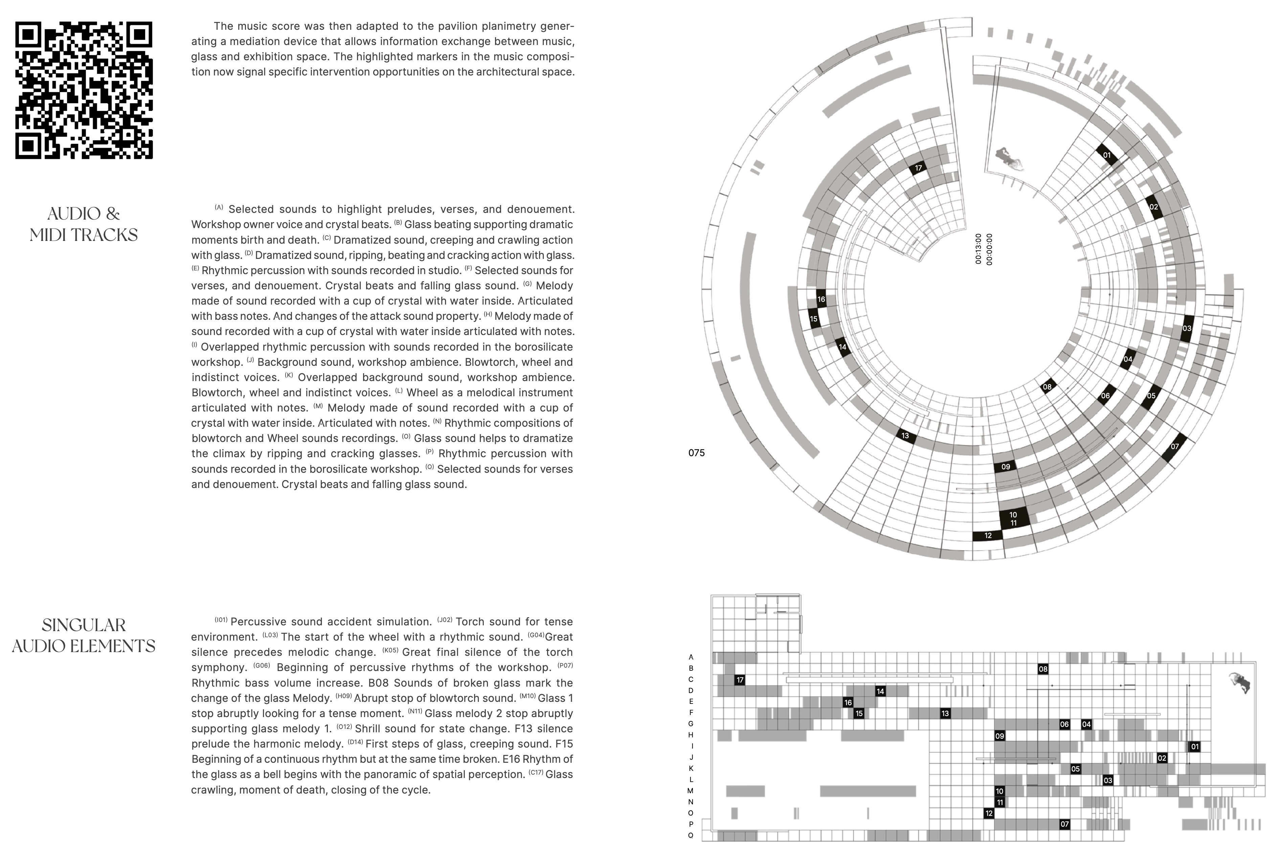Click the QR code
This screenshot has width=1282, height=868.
(x=84, y=90)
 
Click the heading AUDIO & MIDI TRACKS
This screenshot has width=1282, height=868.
(x=84, y=224)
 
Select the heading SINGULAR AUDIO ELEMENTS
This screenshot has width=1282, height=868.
(x=84, y=635)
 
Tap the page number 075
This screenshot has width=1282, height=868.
(x=696, y=453)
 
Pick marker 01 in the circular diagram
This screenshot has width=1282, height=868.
(x=1107, y=155)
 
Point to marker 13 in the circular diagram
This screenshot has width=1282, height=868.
(x=905, y=436)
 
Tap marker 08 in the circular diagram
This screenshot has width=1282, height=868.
(x=1047, y=387)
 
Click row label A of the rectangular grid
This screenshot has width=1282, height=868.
(x=691, y=657)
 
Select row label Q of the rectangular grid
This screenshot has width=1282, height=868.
(x=691, y=836)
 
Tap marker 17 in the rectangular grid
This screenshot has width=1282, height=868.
(x=740, y=680)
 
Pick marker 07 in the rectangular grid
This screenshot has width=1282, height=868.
(x=1065, y=824)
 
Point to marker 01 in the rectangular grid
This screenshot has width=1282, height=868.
(x=1195, y=747)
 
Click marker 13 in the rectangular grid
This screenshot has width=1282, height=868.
(x=945, y=713)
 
